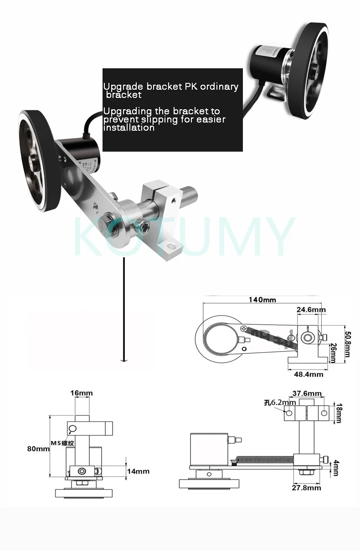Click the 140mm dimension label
tap(262, 300)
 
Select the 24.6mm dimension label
tap(311, 310)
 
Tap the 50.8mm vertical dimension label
tap(348, 344)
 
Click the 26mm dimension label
tap(333, 352)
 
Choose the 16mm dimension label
tap(82, 393)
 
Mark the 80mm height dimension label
tap(38, 449)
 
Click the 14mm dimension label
tap(138, 471)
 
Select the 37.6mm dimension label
tap(306, 393)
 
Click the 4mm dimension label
tap(336, 468)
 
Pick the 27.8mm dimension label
tap(306, 488)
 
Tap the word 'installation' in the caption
tap(129, 128)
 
